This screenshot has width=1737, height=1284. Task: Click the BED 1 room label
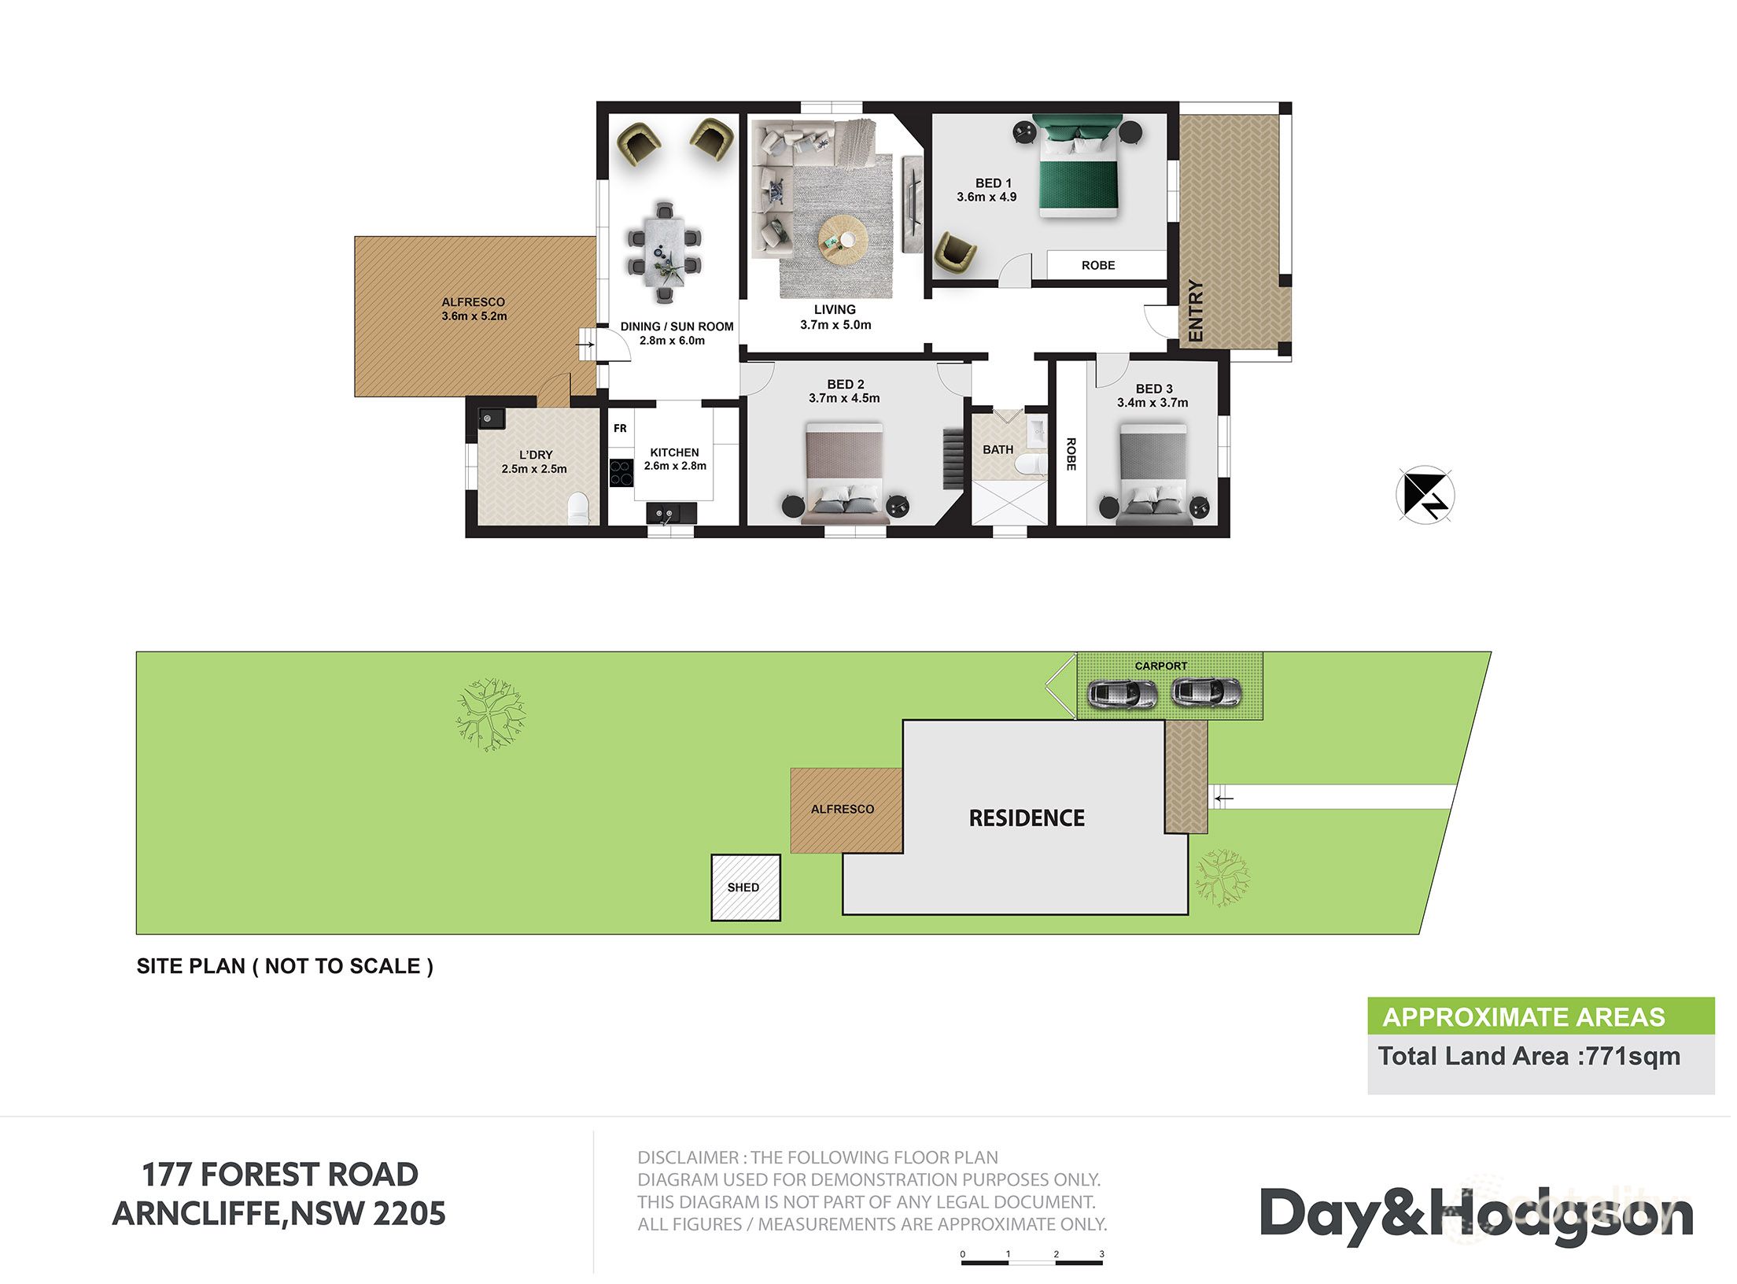tap(992, 183)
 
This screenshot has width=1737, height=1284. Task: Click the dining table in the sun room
tap(665, 251)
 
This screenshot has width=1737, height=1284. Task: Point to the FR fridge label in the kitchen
tap(620, 429)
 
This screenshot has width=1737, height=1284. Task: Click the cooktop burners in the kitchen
tap(621, 473)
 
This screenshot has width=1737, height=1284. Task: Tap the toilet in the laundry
tap(578, 507)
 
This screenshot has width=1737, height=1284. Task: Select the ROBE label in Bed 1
tap(1097, 266)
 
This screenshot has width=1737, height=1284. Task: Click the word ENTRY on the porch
tap(1195, 311)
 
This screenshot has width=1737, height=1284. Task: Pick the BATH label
tap(998, 450)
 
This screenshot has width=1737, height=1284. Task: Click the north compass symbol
tap(1425, 495)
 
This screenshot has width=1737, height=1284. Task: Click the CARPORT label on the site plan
tap(1160, 666)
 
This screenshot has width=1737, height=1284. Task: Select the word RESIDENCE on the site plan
tap(1027, 819)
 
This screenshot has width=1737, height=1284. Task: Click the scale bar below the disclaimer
tap(1031, 1262)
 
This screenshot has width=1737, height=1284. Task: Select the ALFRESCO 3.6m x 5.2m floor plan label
tap(474, 309)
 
